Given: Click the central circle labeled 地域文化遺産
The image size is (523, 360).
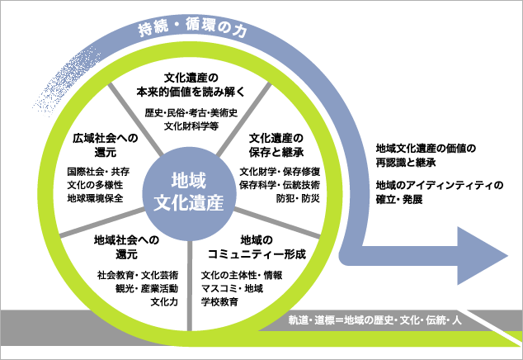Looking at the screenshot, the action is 189,194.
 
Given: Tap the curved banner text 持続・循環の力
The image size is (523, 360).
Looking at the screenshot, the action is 192,27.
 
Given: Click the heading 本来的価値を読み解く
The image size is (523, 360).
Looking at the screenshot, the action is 191,92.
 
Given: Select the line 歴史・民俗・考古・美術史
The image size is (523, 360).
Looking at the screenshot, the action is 191,112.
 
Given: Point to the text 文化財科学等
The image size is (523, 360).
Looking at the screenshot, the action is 191,126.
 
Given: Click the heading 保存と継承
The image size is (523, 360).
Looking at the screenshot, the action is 276,152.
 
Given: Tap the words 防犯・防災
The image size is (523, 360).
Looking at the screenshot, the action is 298,198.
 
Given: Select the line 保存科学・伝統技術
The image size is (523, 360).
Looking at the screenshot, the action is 280,185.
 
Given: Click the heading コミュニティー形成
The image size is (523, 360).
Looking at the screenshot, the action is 257,254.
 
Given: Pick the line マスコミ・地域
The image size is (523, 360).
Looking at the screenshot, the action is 232,288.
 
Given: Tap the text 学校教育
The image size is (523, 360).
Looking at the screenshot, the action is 219,302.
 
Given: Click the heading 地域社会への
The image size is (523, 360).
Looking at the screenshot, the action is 126,239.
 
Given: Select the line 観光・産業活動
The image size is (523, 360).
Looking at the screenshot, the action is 147,288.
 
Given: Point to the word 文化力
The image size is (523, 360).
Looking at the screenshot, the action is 164,302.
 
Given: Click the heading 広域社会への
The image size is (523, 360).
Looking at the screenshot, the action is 106,138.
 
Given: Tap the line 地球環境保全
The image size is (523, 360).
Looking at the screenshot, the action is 95,198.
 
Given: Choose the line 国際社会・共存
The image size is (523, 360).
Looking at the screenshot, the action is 98,172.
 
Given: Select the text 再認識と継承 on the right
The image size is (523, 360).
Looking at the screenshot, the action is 406,163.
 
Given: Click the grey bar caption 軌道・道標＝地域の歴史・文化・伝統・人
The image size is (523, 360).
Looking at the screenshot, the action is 375,320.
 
